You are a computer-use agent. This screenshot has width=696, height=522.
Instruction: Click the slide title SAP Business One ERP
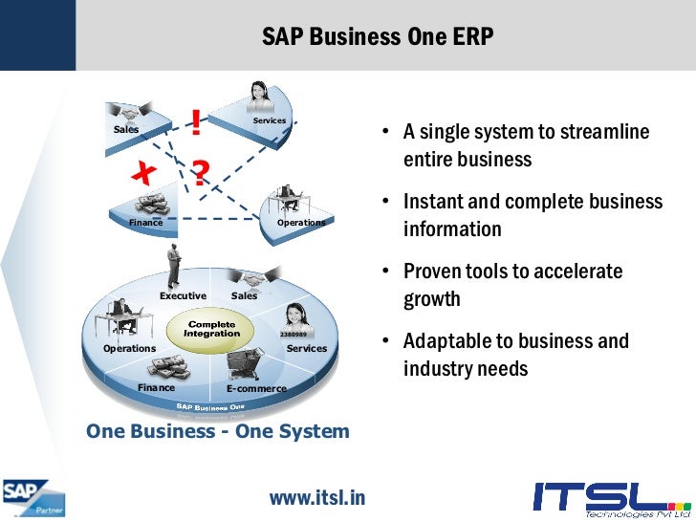click(x=378, y=37)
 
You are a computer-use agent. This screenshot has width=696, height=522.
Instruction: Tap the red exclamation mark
click(x=196, y=122)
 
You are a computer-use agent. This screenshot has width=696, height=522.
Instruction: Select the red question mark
click(x=200, y=173)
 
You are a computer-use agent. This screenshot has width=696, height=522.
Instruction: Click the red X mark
click(x=143, y=173)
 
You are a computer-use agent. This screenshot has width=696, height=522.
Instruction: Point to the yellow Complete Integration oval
click(x=211, y=329)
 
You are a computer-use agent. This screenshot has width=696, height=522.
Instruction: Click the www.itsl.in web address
click(x=317, y=497)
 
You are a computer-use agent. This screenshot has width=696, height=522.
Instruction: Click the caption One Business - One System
click(x=218, y=431)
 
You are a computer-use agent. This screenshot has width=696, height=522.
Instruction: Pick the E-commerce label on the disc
click(x=256, y=389)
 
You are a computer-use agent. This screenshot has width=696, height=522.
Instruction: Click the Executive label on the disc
click(x=183, y=296)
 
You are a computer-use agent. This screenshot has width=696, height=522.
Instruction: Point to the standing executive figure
click(x=174, y=265)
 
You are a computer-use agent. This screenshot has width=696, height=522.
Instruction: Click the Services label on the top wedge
click(x=270, y=121)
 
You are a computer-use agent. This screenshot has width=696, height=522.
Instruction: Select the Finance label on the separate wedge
click(x=146, y=222)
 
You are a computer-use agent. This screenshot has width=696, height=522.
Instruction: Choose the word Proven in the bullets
click(x=432, y=272)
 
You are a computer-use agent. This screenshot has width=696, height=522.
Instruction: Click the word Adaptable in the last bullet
click(x=445, y=341)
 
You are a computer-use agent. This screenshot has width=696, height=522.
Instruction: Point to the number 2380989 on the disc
click(x=293, y=335)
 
